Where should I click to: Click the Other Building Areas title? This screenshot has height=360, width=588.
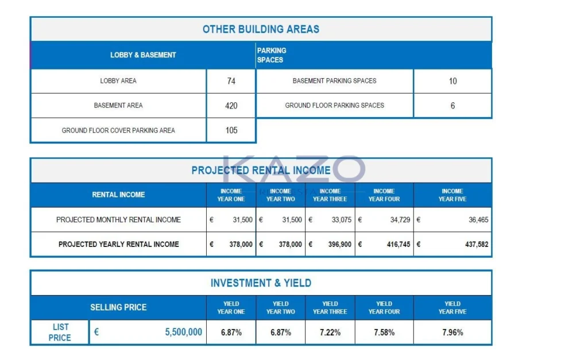point(261,29)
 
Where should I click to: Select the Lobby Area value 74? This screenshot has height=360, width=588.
point(231,81)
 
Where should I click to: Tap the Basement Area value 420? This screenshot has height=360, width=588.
point(231,106)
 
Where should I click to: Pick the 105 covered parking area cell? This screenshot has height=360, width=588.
point(231,130)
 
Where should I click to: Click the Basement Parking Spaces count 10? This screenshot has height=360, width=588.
point(452,81)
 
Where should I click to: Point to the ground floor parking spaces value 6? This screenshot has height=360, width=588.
point(452,106)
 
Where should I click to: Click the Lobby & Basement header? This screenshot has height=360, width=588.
point(143,55)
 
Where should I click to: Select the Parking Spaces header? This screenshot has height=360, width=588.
point(272,55)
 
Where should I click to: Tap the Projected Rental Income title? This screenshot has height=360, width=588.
point(261,171)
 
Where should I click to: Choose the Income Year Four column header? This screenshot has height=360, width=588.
point(384,195)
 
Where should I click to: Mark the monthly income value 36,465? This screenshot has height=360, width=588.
point(478,220)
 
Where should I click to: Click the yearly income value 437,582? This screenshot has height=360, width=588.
point(477,245)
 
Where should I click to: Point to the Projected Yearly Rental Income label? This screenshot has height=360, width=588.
point(118,245)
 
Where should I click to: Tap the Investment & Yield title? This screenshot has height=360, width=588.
point(261,283)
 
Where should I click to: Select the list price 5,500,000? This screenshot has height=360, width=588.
point(183,332)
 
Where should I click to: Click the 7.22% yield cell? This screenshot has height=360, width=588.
point(330,332)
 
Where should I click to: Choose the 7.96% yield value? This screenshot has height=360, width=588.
point(452,332)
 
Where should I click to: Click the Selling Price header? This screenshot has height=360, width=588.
point(118,308)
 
